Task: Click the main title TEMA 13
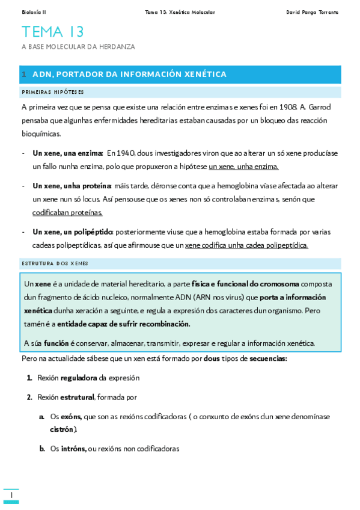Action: (53, 32)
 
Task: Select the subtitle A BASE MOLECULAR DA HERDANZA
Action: (78, 47)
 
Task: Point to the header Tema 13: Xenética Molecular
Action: (180, 12)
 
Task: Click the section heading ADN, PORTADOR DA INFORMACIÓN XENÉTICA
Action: (129, 75)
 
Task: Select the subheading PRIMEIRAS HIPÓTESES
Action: (52, 92)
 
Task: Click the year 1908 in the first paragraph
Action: (287, 107)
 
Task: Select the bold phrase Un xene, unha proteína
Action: (72, 185)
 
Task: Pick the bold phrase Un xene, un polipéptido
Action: (73, 232)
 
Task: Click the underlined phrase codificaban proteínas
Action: (67, 212)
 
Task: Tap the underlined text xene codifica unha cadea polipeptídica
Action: (246, 245)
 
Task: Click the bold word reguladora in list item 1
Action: (79, 378)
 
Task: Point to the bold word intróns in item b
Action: (73, 449)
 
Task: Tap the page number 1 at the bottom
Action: (11, 495)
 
